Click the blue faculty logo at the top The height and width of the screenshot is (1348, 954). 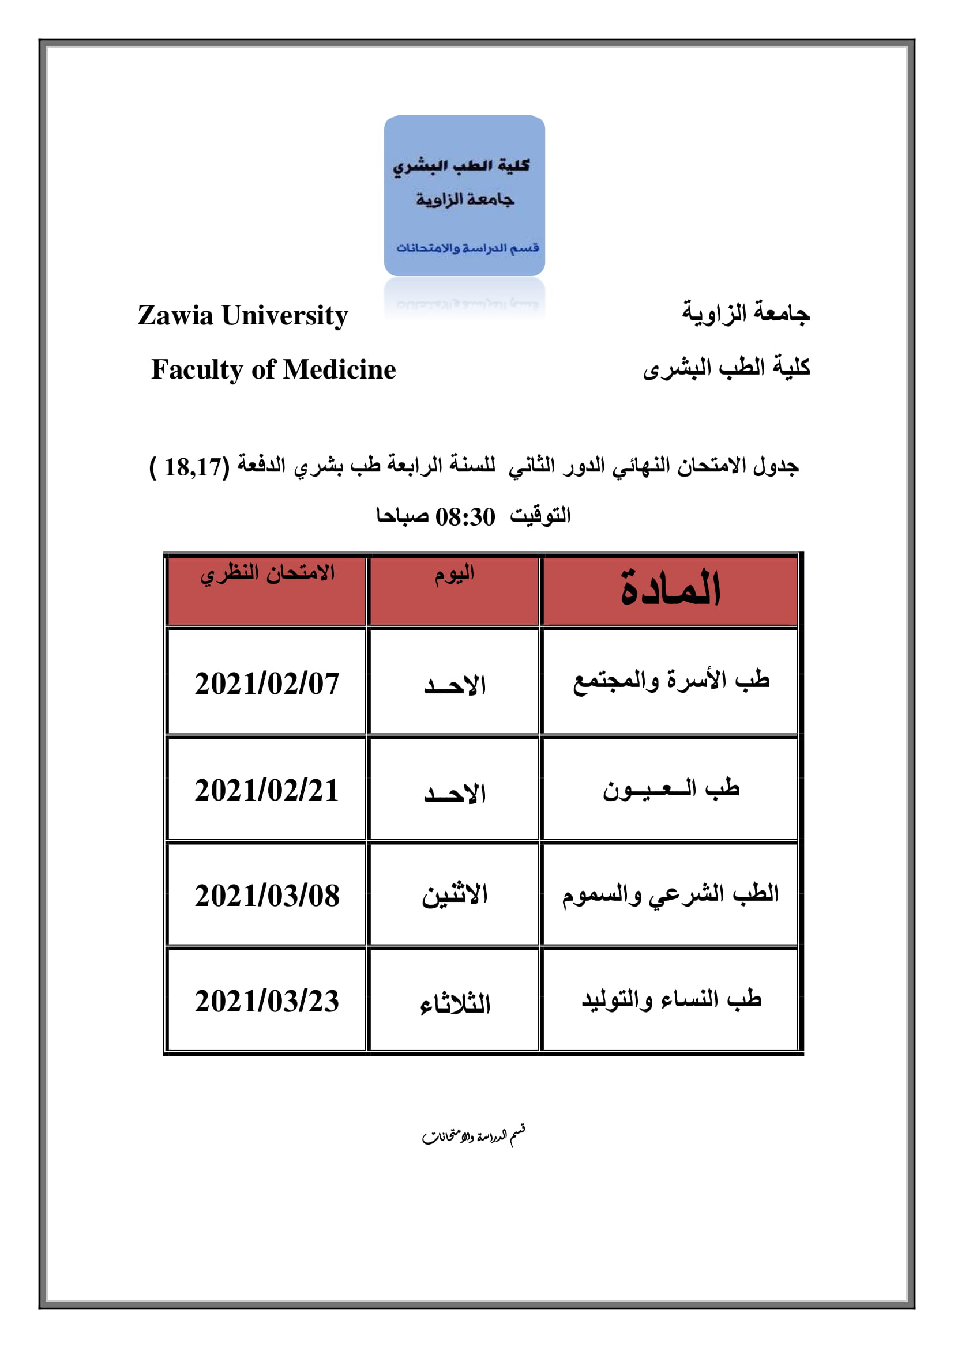point(464,195)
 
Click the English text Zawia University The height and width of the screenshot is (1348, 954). point(243,316)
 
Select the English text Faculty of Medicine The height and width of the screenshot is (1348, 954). point(273,370)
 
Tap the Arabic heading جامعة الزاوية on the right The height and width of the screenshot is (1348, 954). point(745,312)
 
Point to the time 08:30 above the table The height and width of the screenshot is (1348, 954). point(465,517)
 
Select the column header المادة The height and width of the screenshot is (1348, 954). point(670,589)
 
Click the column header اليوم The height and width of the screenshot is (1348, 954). point(454,575)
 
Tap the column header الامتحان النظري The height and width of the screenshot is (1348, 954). point(267,573)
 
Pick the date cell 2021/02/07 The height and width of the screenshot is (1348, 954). point(267,684)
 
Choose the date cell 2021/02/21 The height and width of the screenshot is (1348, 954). point(267,790)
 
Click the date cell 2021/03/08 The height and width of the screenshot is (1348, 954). point(267,896)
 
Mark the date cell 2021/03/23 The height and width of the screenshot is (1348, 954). point(267,1002)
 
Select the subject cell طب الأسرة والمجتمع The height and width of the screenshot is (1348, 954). point(671,681)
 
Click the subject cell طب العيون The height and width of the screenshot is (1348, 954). point(671,789)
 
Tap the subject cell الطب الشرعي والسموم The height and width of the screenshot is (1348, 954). point(670,896)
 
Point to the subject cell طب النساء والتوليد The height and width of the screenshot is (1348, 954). point(671,999)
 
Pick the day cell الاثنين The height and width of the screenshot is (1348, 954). point(455,896)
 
